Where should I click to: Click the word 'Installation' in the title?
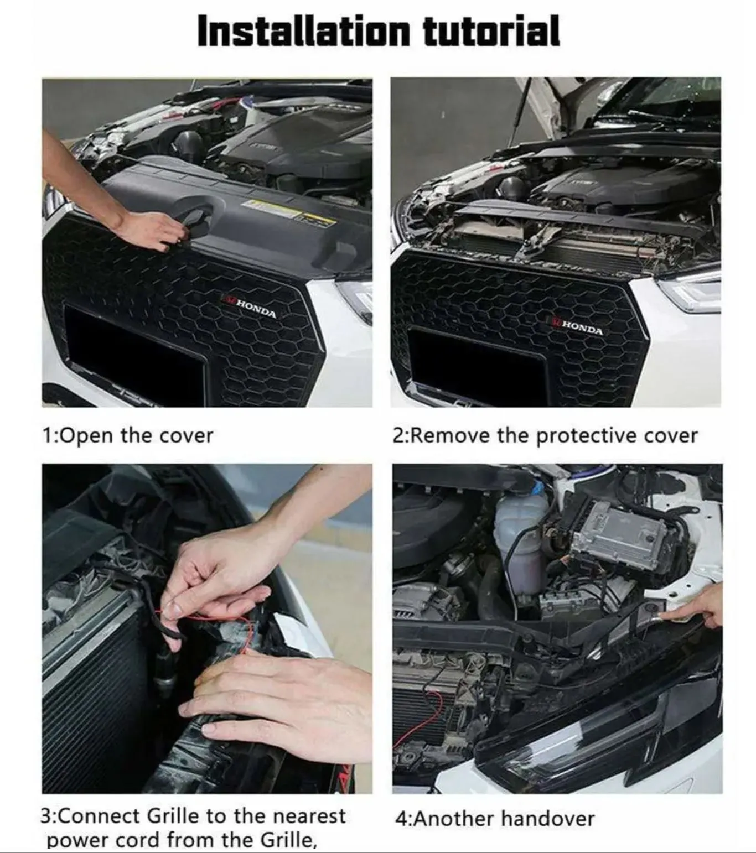[x=304, y=31]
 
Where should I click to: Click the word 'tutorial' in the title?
[x=491, y=31]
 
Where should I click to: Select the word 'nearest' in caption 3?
[x=309, y=816]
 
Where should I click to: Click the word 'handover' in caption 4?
[x=547, y=819]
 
